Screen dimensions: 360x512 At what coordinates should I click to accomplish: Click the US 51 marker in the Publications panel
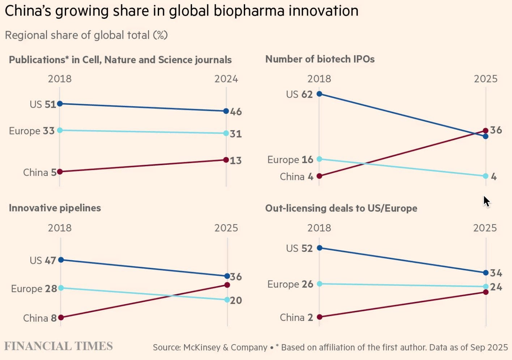coord(60,104)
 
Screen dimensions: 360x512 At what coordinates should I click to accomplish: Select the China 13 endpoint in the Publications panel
coord(226,160)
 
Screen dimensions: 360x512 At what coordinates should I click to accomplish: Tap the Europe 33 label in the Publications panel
coord(32,131)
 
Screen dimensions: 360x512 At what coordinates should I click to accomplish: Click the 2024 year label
coord(226,79)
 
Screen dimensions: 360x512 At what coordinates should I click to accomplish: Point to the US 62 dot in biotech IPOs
coord(319,94)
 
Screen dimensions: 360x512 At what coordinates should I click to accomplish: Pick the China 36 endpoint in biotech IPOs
coord(486,130)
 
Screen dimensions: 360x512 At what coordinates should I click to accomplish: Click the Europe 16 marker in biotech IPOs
coord(319,159)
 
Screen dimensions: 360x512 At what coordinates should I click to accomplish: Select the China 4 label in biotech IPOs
coord(296,177)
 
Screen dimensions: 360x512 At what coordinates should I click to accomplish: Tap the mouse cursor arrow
coord(486,201)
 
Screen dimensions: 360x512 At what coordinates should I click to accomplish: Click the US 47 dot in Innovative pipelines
coord(61,260)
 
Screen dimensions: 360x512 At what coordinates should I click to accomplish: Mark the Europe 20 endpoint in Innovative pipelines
coord(227,300)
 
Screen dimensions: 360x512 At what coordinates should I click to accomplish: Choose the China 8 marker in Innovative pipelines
coord(61,317)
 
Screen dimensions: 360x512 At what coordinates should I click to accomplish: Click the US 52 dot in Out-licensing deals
coord(319,248)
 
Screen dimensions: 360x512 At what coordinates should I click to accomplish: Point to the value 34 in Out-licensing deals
coord(496,273)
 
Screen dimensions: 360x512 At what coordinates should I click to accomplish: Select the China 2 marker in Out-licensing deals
coord(319,317)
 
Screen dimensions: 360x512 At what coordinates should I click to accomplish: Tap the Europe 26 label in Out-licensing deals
coord(290,284)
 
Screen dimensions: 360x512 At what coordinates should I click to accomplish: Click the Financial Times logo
coord(59,346)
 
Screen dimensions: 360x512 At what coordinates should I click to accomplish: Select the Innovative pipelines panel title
coord(55,208)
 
